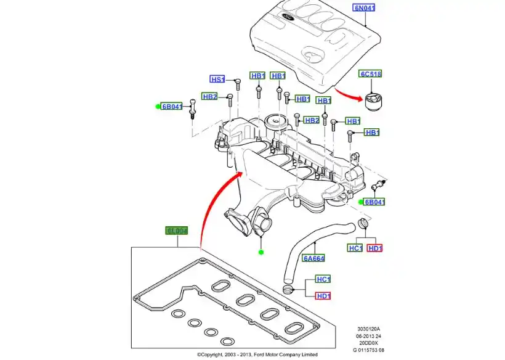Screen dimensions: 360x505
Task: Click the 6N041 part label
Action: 363,8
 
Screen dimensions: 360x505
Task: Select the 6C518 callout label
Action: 371,74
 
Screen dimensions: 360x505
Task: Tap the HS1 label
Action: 217,79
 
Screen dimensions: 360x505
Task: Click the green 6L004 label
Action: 176,231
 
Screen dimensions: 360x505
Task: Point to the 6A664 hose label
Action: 313,258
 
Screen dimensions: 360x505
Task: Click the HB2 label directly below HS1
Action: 210,97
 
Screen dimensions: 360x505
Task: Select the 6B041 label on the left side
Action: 172,106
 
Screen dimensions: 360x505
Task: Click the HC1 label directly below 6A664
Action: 323,279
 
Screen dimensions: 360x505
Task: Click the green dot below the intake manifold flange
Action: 261,252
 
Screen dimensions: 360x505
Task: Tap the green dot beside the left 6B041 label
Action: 158,106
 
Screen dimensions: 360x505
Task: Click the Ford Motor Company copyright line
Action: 257,354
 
